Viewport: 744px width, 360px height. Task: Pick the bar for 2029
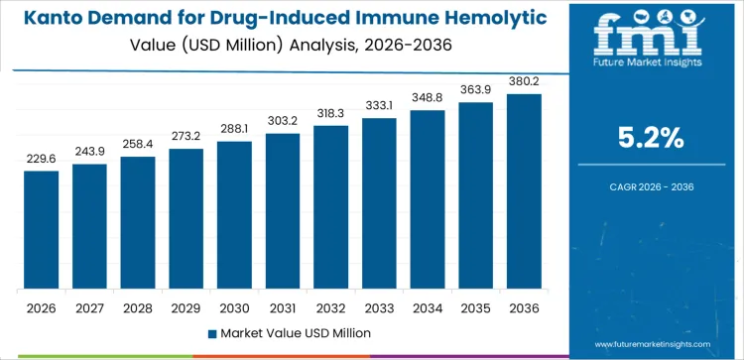[x=186, y=219]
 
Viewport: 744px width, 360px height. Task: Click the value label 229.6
[x=42, y=159]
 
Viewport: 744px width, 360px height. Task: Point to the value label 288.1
[x=234, y=129]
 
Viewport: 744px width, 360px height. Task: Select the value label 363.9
[x=475, y=90]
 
